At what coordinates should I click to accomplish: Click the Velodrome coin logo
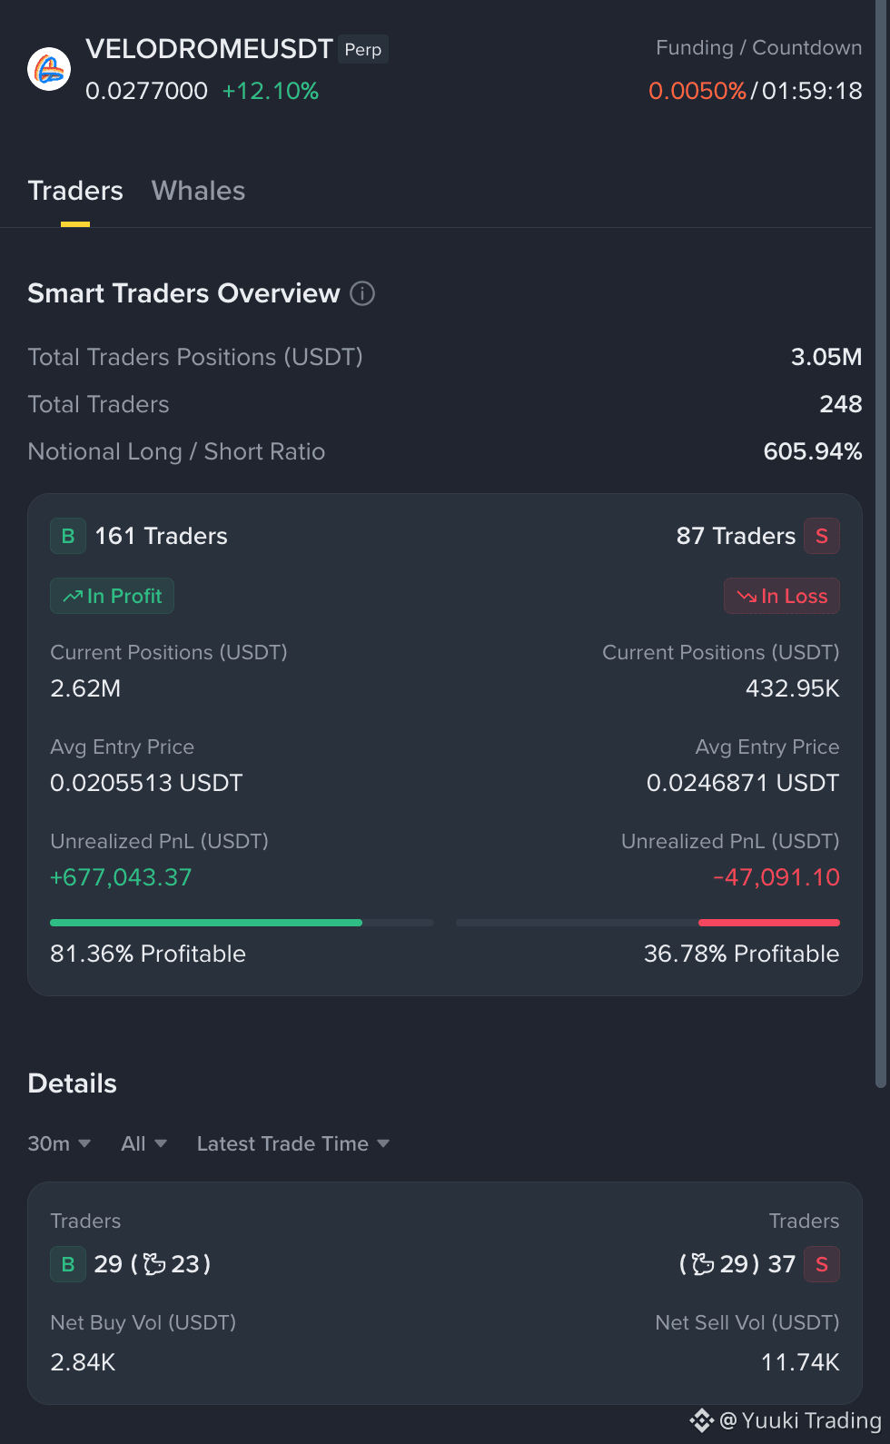pyautogui.click(x=49, y=69)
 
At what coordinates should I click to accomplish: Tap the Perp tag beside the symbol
pyautogui.click(x=363, y=50)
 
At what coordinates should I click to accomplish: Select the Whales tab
pyautogui.click(x=198, y=191)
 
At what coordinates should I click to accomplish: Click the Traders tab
pyautogui.click(x=75, y=191)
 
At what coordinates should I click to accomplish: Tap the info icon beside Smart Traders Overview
pyautogui.click(x=362, y=293)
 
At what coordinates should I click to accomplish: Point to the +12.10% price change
pyautogui.click(x=270, y=91)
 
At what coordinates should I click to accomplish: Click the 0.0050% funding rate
pyautogui.click(x=697, y=91)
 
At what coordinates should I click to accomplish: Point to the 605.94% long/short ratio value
pyautogui.click(x=813, y=451)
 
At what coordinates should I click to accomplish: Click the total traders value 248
pyautogui.click(x=840, y=404)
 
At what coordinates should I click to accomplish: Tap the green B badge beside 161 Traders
pyautogui.click(x=68, y=536)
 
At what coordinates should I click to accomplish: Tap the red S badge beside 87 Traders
pyautogui.click(x=822, y=536)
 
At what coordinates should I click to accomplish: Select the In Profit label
pyautogui.click(x=112, y=596)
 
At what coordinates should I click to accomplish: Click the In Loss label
pyautogui.click(x=782, y=596)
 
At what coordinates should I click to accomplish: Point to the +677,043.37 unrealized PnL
pyautogui.click(x=121, y=877)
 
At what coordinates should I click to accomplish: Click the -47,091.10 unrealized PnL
pyautogui.click(x=776, y=877)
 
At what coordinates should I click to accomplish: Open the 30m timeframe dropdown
pyautogui.click(x=59, y=1143)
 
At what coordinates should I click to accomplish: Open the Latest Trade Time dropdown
pyautogui.click(x=293, y=1143)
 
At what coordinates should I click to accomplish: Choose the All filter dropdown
pyautogui.click(x=143, y=1143)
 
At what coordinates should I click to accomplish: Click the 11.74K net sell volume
pyautogui.click(x=800, y=1362)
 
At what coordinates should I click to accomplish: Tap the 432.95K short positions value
pyautogui.click(x=793, y=688)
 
